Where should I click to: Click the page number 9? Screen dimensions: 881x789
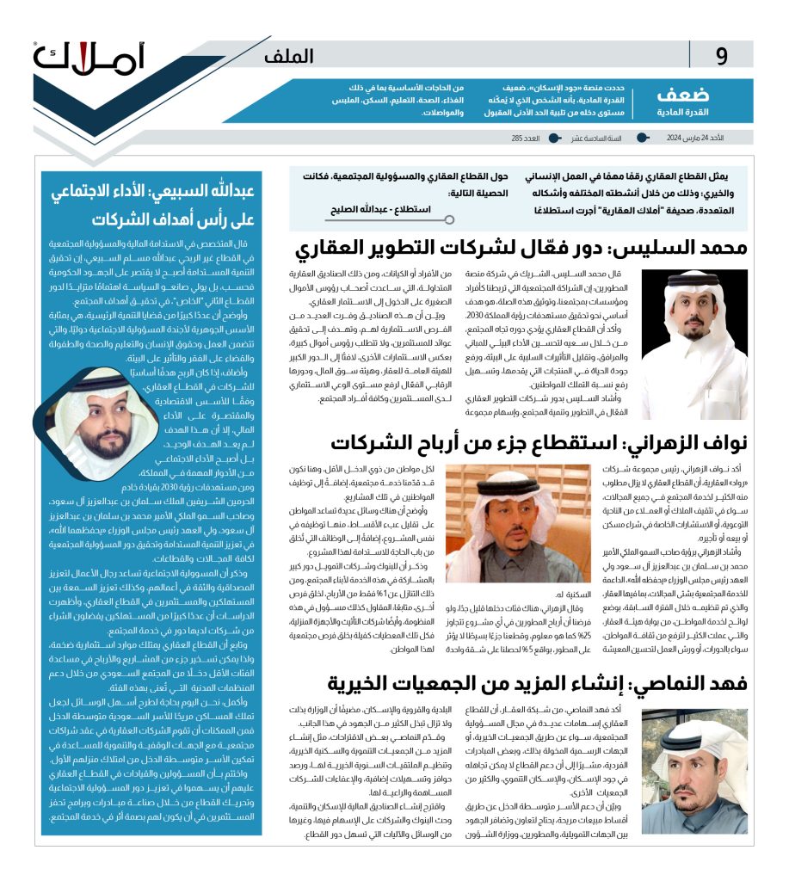[721, 57]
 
